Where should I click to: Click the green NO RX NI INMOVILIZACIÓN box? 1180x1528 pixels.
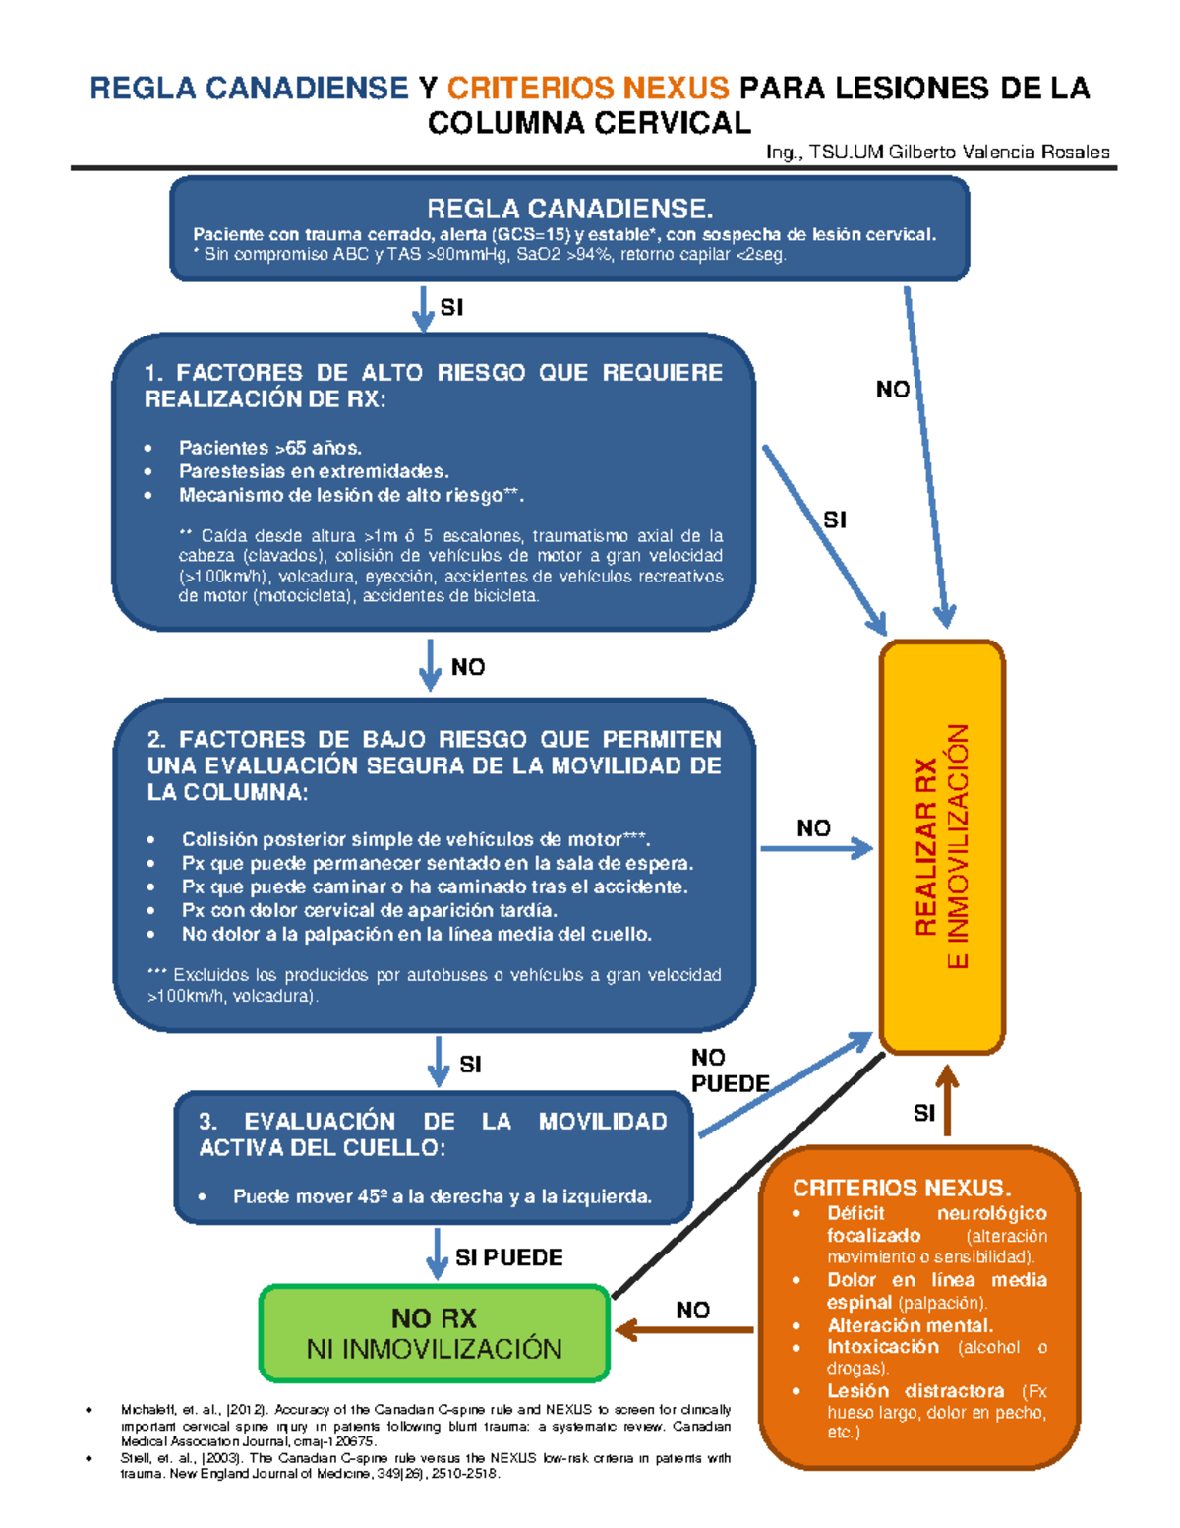pos(434,1333)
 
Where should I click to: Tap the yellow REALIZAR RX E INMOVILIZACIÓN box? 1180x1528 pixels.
pos(941,846)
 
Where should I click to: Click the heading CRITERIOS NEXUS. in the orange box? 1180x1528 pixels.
pos(902,1188)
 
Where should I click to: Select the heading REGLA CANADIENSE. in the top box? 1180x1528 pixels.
pos(569,209)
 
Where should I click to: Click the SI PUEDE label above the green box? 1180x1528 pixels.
pos(508,1257)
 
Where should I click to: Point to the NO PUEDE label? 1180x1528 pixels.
pos(729,1070)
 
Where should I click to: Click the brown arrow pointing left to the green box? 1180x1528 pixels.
pos(684,1330)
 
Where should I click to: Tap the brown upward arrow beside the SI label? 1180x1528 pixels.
pos(947,1102)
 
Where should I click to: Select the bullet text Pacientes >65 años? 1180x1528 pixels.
pos(269,448)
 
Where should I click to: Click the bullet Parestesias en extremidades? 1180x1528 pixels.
pos(313,471)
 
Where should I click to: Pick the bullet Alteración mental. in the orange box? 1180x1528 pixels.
pos(910,1325)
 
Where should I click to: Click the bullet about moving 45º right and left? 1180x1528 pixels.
pos(442,1196)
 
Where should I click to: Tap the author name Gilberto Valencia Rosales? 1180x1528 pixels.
pos(999,152)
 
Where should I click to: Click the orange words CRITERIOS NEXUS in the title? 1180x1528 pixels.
pos(588,89)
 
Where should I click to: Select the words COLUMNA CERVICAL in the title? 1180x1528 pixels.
pos(589,123)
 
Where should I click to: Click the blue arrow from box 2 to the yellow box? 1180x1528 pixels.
pos(816,848)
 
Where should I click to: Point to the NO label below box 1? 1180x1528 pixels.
pos(467,667)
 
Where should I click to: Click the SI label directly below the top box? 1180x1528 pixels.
pos(451,307)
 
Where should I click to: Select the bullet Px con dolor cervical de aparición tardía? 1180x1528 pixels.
pos(369,910)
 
